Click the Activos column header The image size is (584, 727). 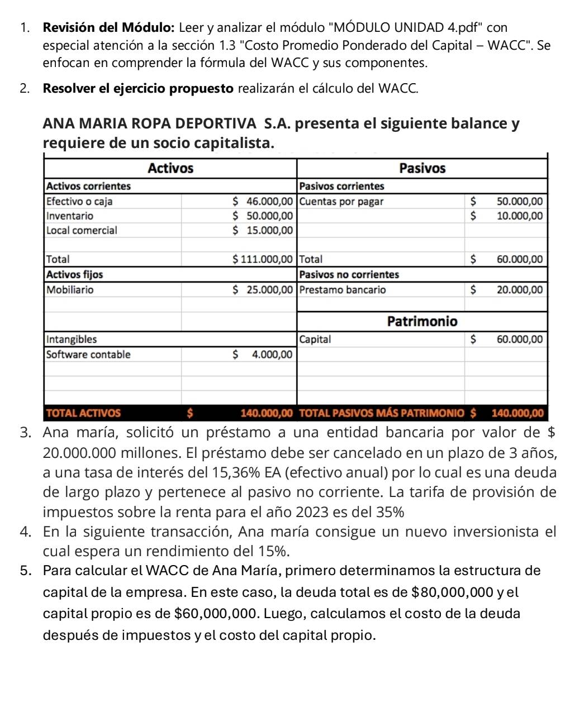[x=170, y=168]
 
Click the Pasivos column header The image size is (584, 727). [x=422, y=168]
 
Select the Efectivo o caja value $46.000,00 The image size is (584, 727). [x=263, y=201]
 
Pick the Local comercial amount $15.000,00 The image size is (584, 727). [x=263, y=230]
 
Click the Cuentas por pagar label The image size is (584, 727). [x=341, y=201]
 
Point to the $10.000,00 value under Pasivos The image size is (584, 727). [x=519, y=216]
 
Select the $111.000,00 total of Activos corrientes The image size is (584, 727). [x=262, y=259]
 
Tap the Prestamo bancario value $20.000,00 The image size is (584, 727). [x=519, y=289]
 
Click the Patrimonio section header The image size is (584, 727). [x=422, y=321]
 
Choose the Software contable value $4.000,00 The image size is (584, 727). [x=270, y=354]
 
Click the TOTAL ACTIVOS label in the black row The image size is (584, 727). [x=83, y=413]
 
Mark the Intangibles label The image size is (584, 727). [x=72, y=339]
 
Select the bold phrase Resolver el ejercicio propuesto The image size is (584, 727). [x=137, y=88]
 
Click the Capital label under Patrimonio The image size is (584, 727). [x=315, y=339]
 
